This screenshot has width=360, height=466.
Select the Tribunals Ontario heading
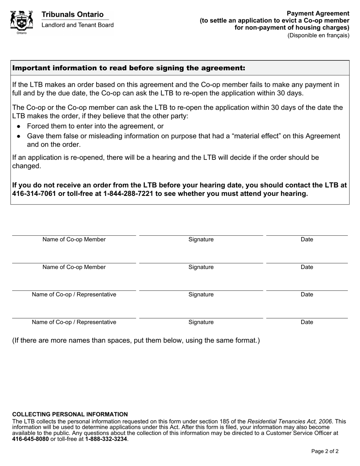coord(72,14)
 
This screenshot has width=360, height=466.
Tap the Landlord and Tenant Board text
coord(77,25)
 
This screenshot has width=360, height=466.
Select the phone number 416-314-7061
coord(34,194)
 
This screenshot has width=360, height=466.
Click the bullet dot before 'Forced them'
coord(19,127)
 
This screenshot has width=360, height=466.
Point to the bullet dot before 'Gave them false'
coord(19,136)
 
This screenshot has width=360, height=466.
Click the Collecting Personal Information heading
coord(70,414)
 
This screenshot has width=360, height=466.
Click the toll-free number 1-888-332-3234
coord(106,439)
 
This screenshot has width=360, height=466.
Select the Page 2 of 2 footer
coord(325,451)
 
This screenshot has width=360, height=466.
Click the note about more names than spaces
coord(136,340)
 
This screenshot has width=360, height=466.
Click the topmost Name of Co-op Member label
coord(74,239)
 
